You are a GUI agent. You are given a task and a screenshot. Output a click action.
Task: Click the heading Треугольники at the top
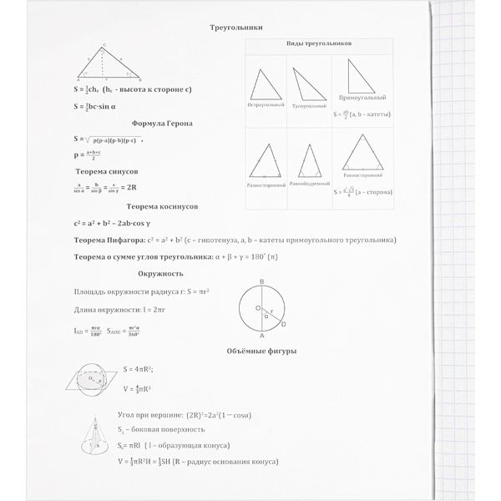click(x=237, y=27)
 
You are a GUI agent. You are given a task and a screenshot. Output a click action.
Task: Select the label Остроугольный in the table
click(x=266, y=104)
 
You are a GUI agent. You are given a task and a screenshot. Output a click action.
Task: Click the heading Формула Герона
click(x=166, y=123)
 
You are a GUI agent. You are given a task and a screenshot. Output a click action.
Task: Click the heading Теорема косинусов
click(x=166, y=205)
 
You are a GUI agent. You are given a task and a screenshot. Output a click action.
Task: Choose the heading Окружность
click(x=160, y=273)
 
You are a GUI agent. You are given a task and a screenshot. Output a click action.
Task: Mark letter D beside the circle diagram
click(x=284, y=323)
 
